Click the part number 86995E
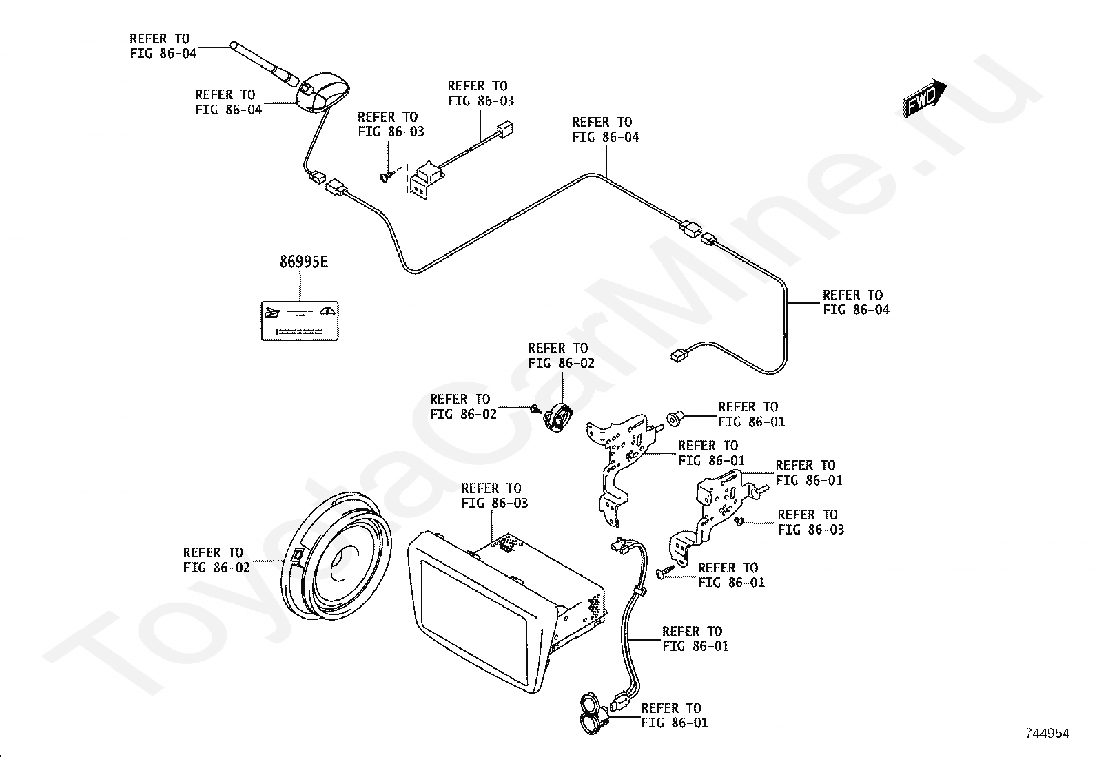click(x=303, y=262)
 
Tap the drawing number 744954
click(x=1047, y=734)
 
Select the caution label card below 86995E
click(x=300, y=320)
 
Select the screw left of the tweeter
click(x=535, y=409)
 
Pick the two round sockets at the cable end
click(x=592, y=712)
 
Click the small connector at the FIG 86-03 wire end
click(x=507, y=129)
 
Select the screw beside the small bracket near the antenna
click(x=387, y=176)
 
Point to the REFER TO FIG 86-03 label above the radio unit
click(x=493, y=495)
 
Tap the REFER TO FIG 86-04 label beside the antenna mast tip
click(x=163, y=46)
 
